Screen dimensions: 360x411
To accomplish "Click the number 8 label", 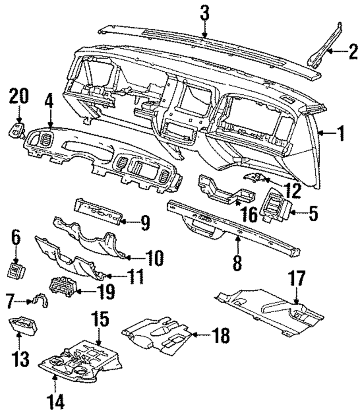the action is [237, 263].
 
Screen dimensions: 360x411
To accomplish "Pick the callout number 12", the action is [293, 191].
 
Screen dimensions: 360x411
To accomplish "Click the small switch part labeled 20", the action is [17, 130].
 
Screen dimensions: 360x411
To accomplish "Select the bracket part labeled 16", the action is [226, 191].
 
